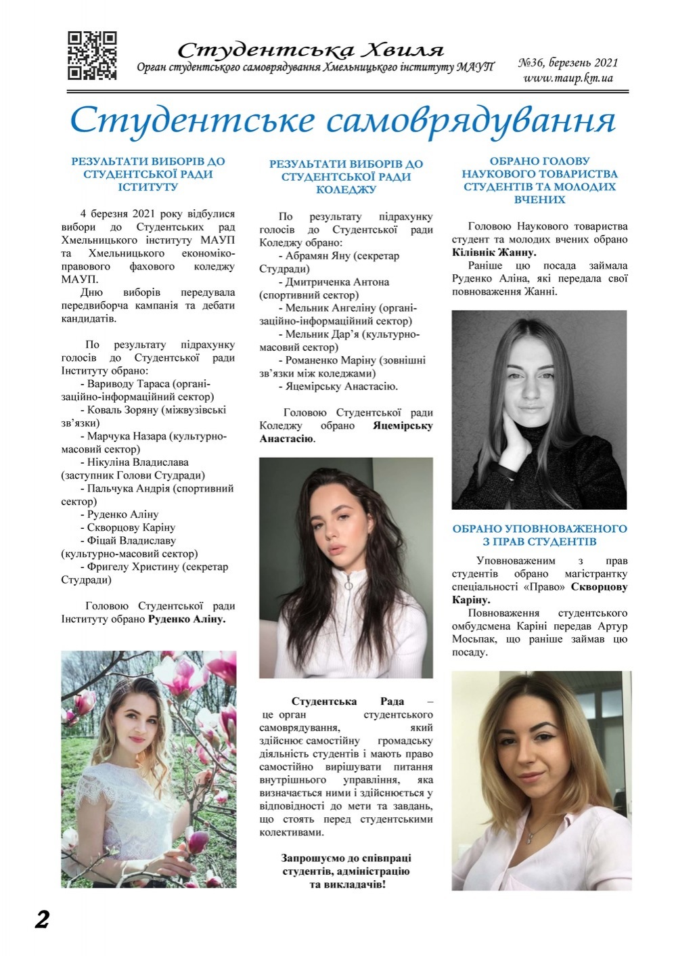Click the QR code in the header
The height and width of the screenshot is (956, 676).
point(92,56)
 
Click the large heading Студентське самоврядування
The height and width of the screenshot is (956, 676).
point(342,120)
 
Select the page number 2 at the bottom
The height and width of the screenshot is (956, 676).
point(42,919)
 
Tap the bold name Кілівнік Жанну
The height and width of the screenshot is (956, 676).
point(493,252)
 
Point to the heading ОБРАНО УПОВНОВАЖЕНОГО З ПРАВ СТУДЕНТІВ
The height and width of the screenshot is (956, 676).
point(539,535)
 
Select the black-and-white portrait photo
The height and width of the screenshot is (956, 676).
point(539,410)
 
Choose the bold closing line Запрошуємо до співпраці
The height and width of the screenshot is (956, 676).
point(345,858)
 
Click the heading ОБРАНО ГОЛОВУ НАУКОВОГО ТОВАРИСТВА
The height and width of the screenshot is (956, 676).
point(539,167)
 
